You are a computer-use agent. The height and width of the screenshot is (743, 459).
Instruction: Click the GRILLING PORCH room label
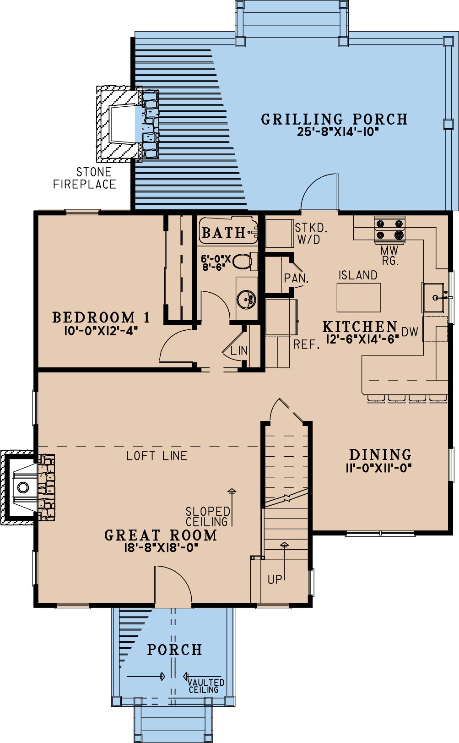tap(334, 120)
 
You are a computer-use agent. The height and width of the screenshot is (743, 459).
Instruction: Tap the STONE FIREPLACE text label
tap(85, 178)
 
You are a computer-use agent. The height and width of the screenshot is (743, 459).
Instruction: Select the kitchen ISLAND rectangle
tap(359, 298)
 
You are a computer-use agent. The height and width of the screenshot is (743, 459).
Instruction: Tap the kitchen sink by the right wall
tap(433, 298)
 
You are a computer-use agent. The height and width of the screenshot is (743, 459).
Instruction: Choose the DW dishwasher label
tap(410, 332)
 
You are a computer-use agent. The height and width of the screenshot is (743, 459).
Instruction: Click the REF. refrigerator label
tap(307, 344)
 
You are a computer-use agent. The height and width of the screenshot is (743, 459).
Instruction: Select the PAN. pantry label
tap(296, 279)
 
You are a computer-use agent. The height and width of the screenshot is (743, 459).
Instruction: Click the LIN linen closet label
tap(239, 350)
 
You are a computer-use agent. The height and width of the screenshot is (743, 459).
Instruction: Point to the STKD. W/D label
tap(311, 234)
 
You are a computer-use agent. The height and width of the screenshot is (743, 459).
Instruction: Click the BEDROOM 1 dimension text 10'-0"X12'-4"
tap(101, 331)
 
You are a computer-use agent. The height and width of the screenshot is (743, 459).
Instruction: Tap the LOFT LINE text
tap(157, 456)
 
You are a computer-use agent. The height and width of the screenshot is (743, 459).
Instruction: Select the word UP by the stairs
tap(275, 579)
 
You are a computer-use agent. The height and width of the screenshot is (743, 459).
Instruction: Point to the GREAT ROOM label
tap(161, 535)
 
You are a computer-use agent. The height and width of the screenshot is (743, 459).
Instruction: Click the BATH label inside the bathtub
tap(223, 233)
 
